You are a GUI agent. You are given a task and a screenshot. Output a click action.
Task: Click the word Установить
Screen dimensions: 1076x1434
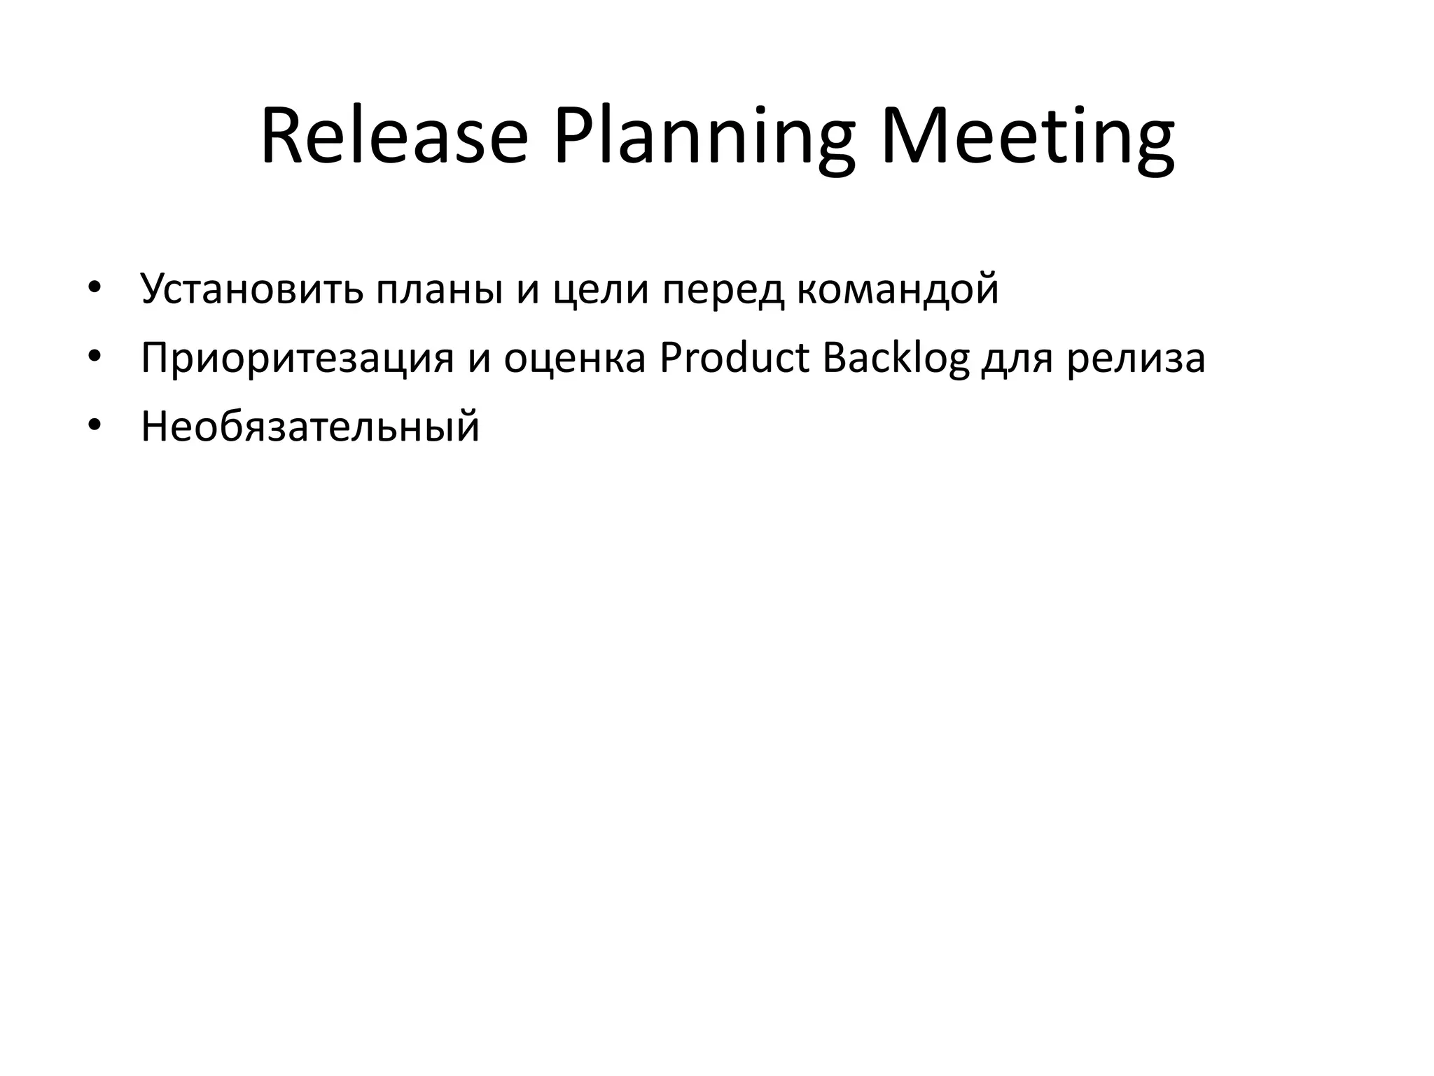tap(252, 289)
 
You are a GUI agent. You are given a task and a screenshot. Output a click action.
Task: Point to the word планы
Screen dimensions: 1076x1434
tap(439, 289)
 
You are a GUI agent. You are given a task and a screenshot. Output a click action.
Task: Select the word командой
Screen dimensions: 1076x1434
tap(898, 289)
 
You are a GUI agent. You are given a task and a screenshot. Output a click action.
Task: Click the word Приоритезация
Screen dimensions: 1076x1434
tap(298, 359)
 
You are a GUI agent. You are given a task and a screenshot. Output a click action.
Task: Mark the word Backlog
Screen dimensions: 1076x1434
tap(896, 359)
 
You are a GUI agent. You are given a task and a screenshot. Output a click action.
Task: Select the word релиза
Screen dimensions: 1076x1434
tap(1136, 359)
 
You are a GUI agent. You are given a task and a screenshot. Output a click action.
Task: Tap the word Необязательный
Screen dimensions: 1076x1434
tap(310, 426)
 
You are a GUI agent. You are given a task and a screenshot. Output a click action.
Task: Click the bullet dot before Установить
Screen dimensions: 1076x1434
tap(95, 288)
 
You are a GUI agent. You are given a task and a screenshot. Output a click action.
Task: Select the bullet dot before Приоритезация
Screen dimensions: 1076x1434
tap(95, 357)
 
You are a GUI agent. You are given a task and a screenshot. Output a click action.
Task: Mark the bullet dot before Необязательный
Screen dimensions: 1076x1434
tap(95, 426)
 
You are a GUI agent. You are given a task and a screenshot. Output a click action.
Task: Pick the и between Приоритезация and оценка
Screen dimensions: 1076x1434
tap(479, 359)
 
